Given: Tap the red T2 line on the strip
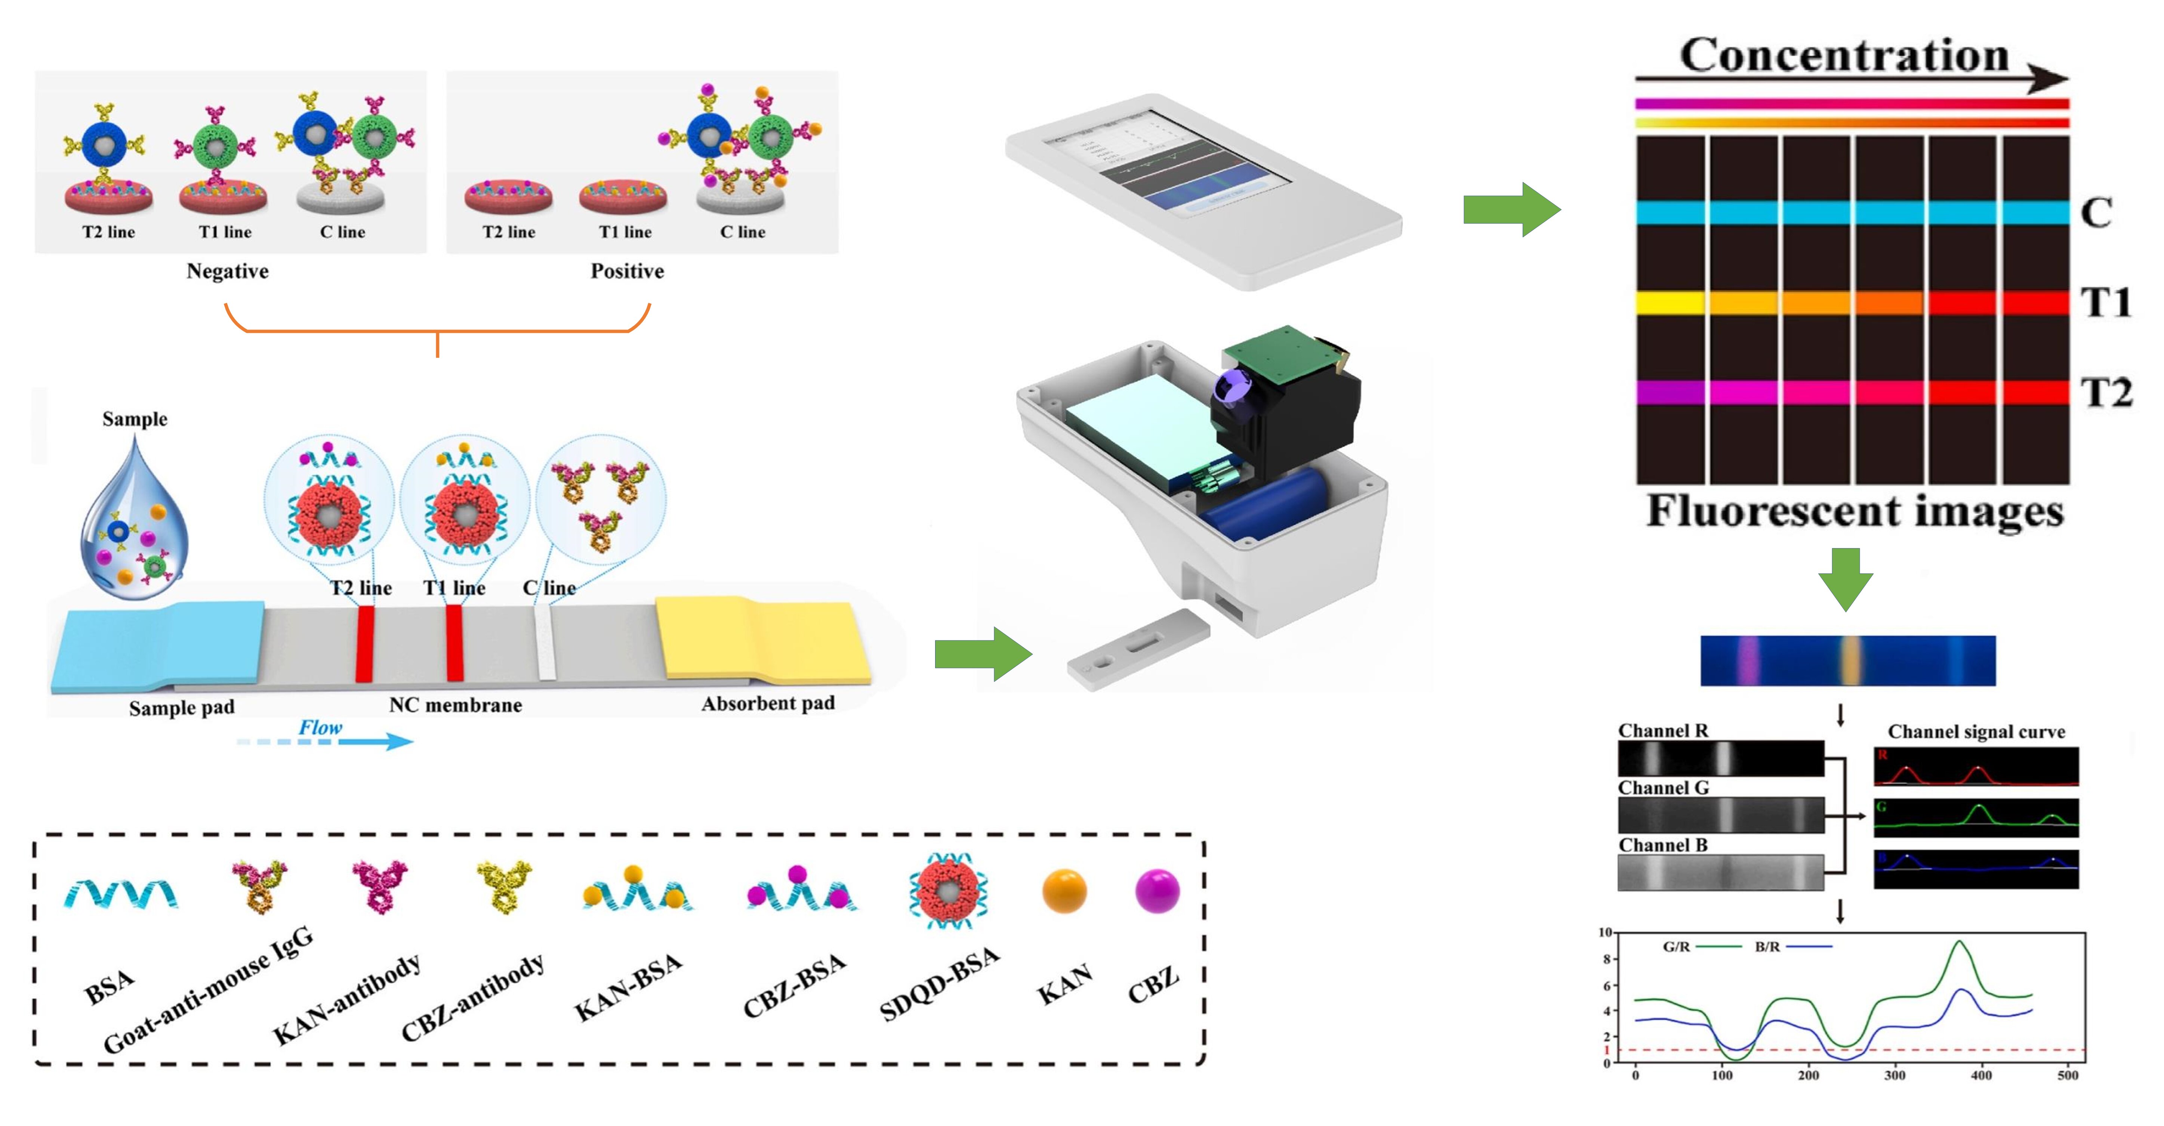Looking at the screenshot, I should [364, 642].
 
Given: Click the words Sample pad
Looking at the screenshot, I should [181, 708].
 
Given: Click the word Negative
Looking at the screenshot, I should [228, 271].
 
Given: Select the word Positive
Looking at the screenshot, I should [627, 271].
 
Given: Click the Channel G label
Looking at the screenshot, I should [1663, 788].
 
